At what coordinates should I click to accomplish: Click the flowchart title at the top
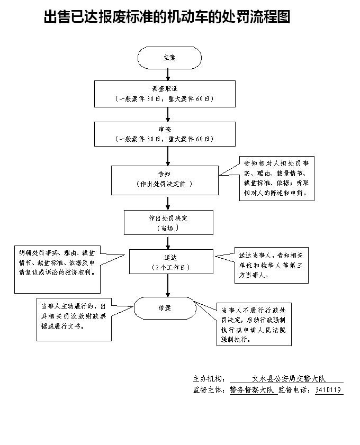click(x=167, y=17)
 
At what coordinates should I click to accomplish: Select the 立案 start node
click(x=169, y=58)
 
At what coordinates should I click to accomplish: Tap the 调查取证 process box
click(x=165, y=94)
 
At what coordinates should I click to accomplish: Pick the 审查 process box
click(x=165, y=134)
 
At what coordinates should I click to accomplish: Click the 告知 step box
click(x=165, y=180)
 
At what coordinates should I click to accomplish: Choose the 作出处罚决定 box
click(x=168, y=222)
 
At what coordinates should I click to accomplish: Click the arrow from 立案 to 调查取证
click(x=168, y=75)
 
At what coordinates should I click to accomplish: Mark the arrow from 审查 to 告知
click(x=168, y=156)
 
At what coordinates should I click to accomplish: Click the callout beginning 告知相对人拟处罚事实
click(x=277, y=179)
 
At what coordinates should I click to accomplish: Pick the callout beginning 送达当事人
click(x=271, y=266)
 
